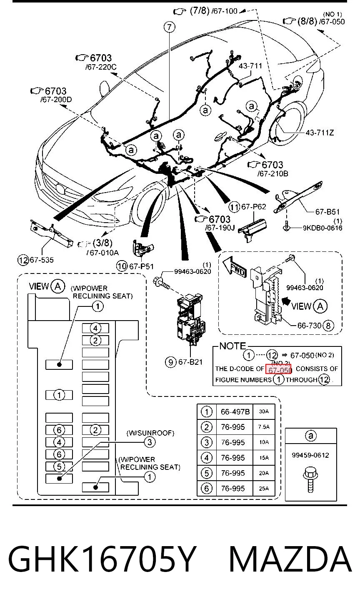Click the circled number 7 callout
pos(170,27)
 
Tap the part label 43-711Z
pos(320,133)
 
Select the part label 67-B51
pos(327,212)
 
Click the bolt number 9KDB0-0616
pos(322,228)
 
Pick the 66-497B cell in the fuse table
pos(235,412)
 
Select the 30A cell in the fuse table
pos(264,411)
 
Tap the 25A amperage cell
pos(264,489)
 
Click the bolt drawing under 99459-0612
pos(310,479)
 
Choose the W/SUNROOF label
pos(150,433)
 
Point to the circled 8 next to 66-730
pos(328,325)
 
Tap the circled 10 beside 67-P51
pos(122,266)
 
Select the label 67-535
pos(42,260)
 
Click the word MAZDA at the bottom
pos(290,559)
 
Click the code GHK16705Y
pos(102,559)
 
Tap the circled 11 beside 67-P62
pos(234,207)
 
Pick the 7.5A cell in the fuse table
pos(264,427)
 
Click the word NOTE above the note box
pos(232,346)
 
